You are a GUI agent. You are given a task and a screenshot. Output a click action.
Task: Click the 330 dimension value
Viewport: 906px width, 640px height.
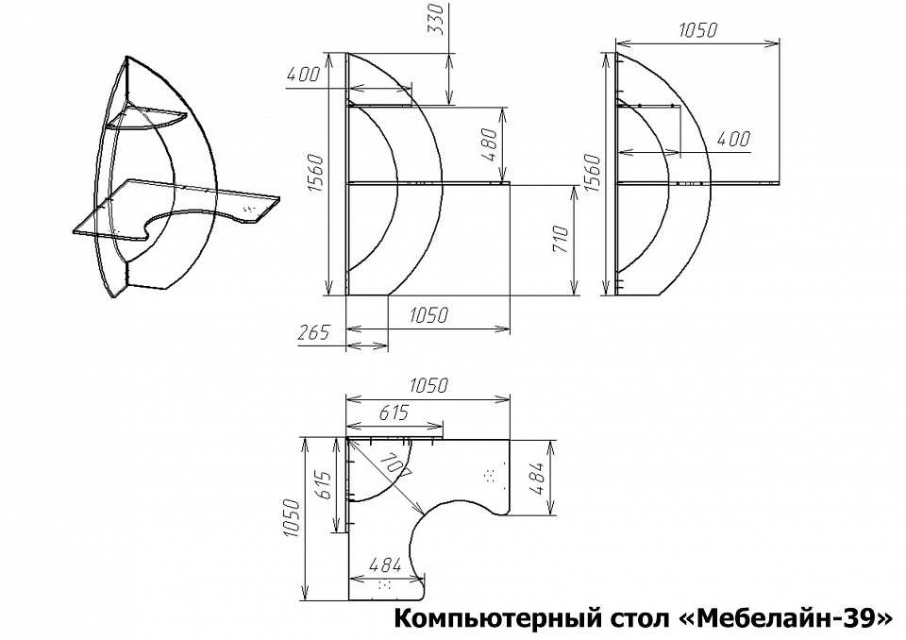coord(439,19)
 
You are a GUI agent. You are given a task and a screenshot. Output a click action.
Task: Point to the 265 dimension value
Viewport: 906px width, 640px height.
coord(314,332)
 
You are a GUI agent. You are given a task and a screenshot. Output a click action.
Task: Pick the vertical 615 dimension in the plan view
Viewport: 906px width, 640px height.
coord(323,484)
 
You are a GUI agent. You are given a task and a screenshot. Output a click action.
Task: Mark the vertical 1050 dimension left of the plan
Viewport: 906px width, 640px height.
coord(293,518)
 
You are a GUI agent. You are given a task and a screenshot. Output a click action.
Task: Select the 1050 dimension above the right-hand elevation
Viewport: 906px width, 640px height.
coord(697,30)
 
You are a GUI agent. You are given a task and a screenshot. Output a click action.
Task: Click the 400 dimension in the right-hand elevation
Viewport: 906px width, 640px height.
coord(734,139)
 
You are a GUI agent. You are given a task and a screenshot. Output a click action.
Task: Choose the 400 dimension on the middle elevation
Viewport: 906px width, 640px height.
coord(303,75)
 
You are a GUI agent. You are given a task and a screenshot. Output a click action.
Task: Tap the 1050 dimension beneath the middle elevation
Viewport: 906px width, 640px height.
coord(428,315)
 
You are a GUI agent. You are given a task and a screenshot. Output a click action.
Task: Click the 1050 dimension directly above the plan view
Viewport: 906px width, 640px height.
coord(428,385)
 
